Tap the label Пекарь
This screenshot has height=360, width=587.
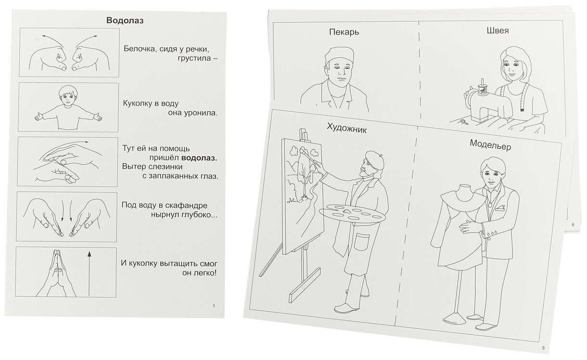[345, 32]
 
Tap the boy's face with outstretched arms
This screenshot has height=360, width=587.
[67, 96]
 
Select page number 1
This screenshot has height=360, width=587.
[213, 306]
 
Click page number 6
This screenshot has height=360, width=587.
[573, 225]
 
